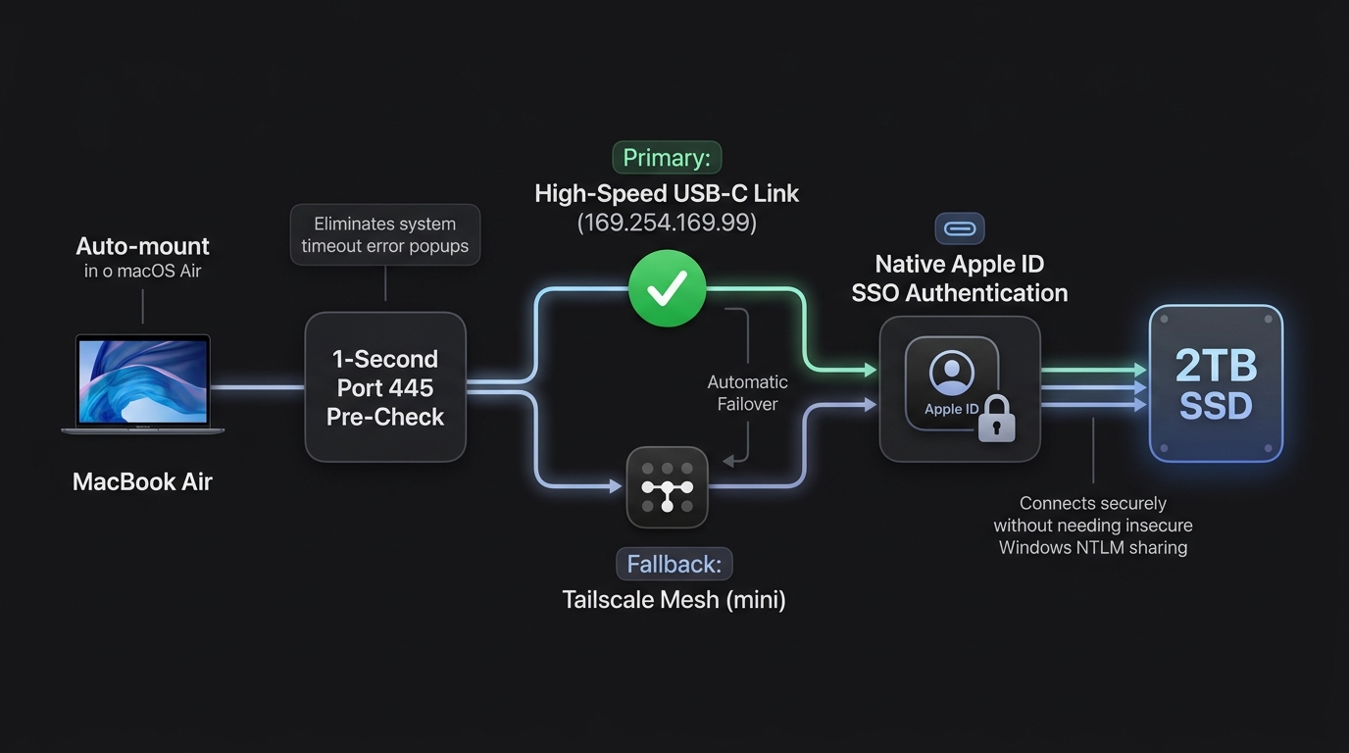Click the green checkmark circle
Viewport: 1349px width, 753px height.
tap(668, 288)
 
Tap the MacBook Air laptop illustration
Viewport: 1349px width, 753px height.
tap(143, 383)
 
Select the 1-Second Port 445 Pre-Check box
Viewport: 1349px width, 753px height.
tap(385, 387)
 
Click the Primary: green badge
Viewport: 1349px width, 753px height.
tap(667, 158)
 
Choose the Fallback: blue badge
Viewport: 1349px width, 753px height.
tap(674, 564)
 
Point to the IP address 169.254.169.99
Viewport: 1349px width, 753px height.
tap(667, 223)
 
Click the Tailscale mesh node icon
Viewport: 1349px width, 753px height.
tap(668, 487)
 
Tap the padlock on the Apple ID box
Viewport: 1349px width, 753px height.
tap(996, 420)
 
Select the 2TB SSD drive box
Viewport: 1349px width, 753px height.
tap(1216, 383)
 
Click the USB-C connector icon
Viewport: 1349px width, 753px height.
tap(960, 228)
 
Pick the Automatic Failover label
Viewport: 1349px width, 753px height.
tap(747, 393)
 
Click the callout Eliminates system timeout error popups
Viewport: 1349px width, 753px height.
tap(385, 235)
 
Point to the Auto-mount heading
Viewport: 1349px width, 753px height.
tap(143, 246)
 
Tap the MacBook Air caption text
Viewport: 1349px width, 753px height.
tap(143, 482)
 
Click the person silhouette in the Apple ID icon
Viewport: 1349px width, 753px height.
tap(952, 371)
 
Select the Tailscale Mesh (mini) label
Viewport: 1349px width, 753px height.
tap(674, 600)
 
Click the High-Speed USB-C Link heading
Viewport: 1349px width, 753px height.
tap(667, 194)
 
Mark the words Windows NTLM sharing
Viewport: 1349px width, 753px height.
tap(1093, 547)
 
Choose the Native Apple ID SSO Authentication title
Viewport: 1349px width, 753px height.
tap(960, 278)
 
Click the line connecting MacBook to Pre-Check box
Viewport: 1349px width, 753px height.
tap(258, 387)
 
